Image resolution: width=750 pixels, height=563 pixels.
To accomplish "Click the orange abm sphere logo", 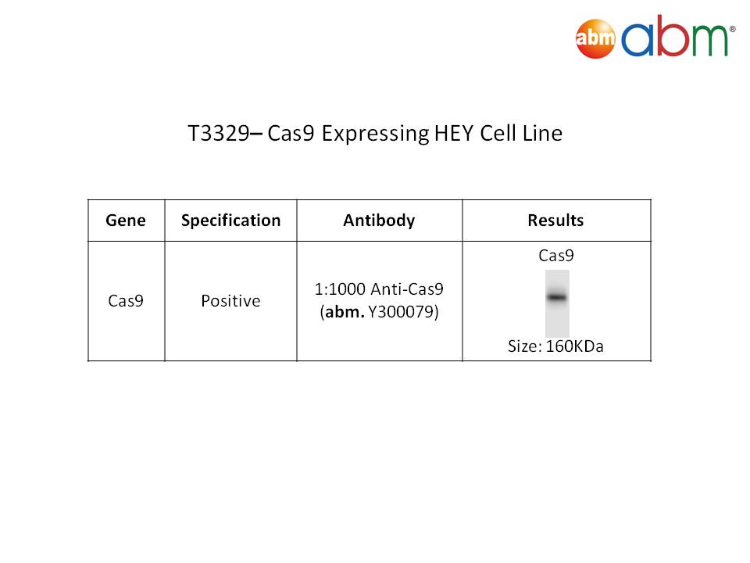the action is [x=595, y=38].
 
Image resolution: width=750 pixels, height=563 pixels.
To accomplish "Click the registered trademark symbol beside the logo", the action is [x=732, y=29].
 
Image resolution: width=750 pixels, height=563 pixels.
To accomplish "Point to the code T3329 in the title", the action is [x=219, y=133].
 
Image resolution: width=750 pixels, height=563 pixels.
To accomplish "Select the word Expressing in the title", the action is [x=375, y=134].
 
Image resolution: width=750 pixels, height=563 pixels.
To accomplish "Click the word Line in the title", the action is [x=542, y=133].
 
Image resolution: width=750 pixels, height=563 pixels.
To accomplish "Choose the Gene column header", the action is [x=126, y=221].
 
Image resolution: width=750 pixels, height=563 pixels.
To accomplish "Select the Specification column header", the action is [x=230, y=221].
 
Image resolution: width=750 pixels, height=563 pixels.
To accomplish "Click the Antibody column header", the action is [x=380, y=221].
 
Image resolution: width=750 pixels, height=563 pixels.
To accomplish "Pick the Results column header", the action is [x=555, y=221].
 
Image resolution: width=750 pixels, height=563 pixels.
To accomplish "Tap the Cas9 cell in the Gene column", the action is [x=126, y=300].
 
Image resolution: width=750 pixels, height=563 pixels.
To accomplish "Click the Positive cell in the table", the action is [x=230, y=300].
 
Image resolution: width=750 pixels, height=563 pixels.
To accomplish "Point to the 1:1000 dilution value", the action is [x=340, y=289].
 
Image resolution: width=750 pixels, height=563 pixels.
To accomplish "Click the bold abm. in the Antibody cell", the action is [x=345, y=312].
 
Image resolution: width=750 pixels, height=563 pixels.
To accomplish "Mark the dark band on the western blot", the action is [x=557, y=297].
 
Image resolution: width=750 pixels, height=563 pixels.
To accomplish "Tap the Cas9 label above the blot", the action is [x=555, y=256].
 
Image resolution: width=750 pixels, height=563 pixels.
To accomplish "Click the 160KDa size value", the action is [x=574, y=346].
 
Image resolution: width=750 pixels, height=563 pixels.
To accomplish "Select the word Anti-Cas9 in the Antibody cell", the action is [x=407, y=289].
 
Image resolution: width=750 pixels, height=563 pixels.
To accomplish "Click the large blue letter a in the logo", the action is [x=637, y=40].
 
